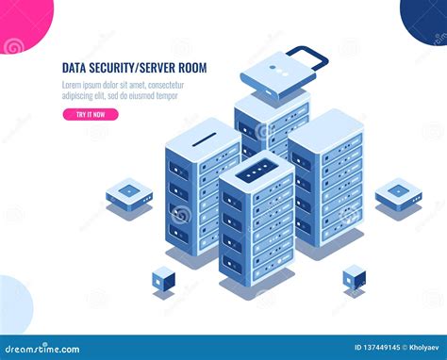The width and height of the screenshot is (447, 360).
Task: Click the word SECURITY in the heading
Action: tap(115, 68)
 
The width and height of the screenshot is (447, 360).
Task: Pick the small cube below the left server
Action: tap(163, 277)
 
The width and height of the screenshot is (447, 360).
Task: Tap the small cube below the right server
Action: tap(354, 276)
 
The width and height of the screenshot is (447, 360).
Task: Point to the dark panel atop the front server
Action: tap(256, 172)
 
